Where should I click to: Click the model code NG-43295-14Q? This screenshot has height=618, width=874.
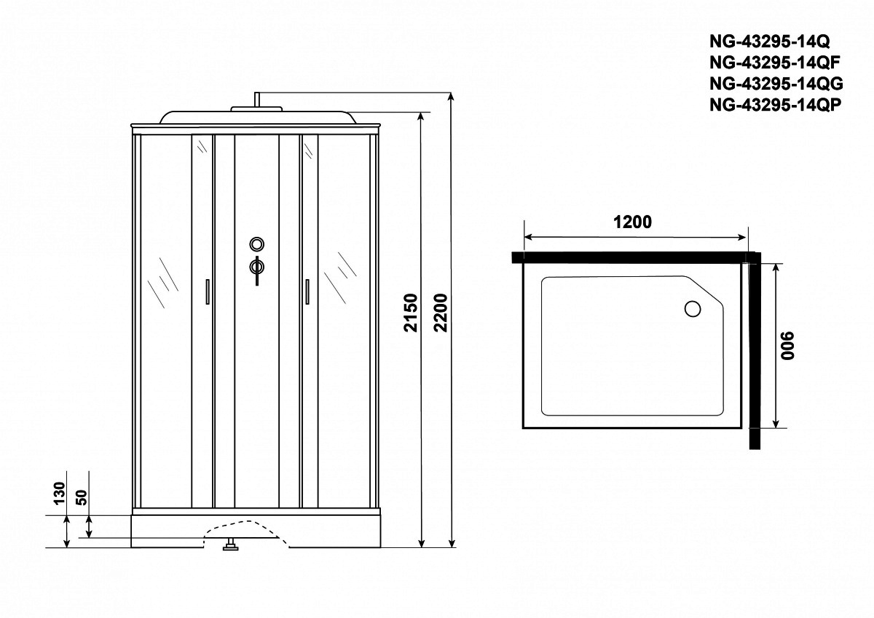coord(768,42)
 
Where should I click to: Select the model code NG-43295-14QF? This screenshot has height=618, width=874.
coord(773,63)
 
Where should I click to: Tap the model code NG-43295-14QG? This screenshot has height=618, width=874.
coord(776,84)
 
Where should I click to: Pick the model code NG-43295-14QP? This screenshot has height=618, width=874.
coord(774,104)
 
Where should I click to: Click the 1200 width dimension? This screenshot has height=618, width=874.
coord(632,222)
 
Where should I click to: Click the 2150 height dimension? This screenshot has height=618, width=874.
coord(411,313)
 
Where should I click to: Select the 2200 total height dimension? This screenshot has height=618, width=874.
coord(441,313)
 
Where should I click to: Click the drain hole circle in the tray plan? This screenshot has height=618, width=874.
coord(693,309)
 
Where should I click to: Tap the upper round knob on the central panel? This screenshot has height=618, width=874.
coord(257,244)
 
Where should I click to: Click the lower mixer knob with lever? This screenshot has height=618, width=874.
coord(257,269)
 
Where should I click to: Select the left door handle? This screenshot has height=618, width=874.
coord(208,292)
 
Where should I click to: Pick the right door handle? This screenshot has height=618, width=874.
coord(307,292)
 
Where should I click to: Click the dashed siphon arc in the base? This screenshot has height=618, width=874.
coord(246,532)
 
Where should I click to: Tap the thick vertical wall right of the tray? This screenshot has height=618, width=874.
coord(755,351)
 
